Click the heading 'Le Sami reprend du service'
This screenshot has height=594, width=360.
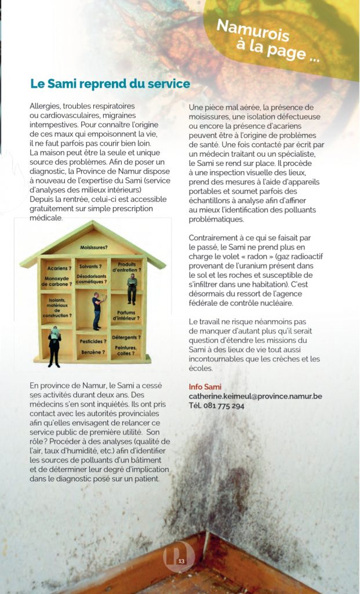click(x=110, y=84)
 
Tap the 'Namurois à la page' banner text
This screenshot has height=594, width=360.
click(x=268, y=40)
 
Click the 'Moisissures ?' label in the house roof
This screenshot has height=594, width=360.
click(x=96, y=248)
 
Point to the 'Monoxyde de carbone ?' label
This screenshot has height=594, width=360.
click(x=56, y=281)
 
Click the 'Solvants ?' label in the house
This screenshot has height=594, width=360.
click(x=91, y=266)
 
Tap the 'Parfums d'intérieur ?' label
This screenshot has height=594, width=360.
click(x=125, y=315)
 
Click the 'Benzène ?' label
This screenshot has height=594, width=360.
click(x=93, y=352)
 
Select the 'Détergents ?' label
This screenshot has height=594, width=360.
click(x=126, y=336)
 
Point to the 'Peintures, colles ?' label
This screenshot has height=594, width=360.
click(x=126, y=350)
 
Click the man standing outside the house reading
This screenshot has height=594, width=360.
click(x=54, y=345)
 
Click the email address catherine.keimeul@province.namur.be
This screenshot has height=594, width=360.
click(x=255, y=396)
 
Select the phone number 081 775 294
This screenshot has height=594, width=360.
click(x=216, y=405)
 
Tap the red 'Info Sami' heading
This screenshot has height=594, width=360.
click(x=205, y=387)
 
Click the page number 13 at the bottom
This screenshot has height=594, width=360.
click(x=181, y=560)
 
